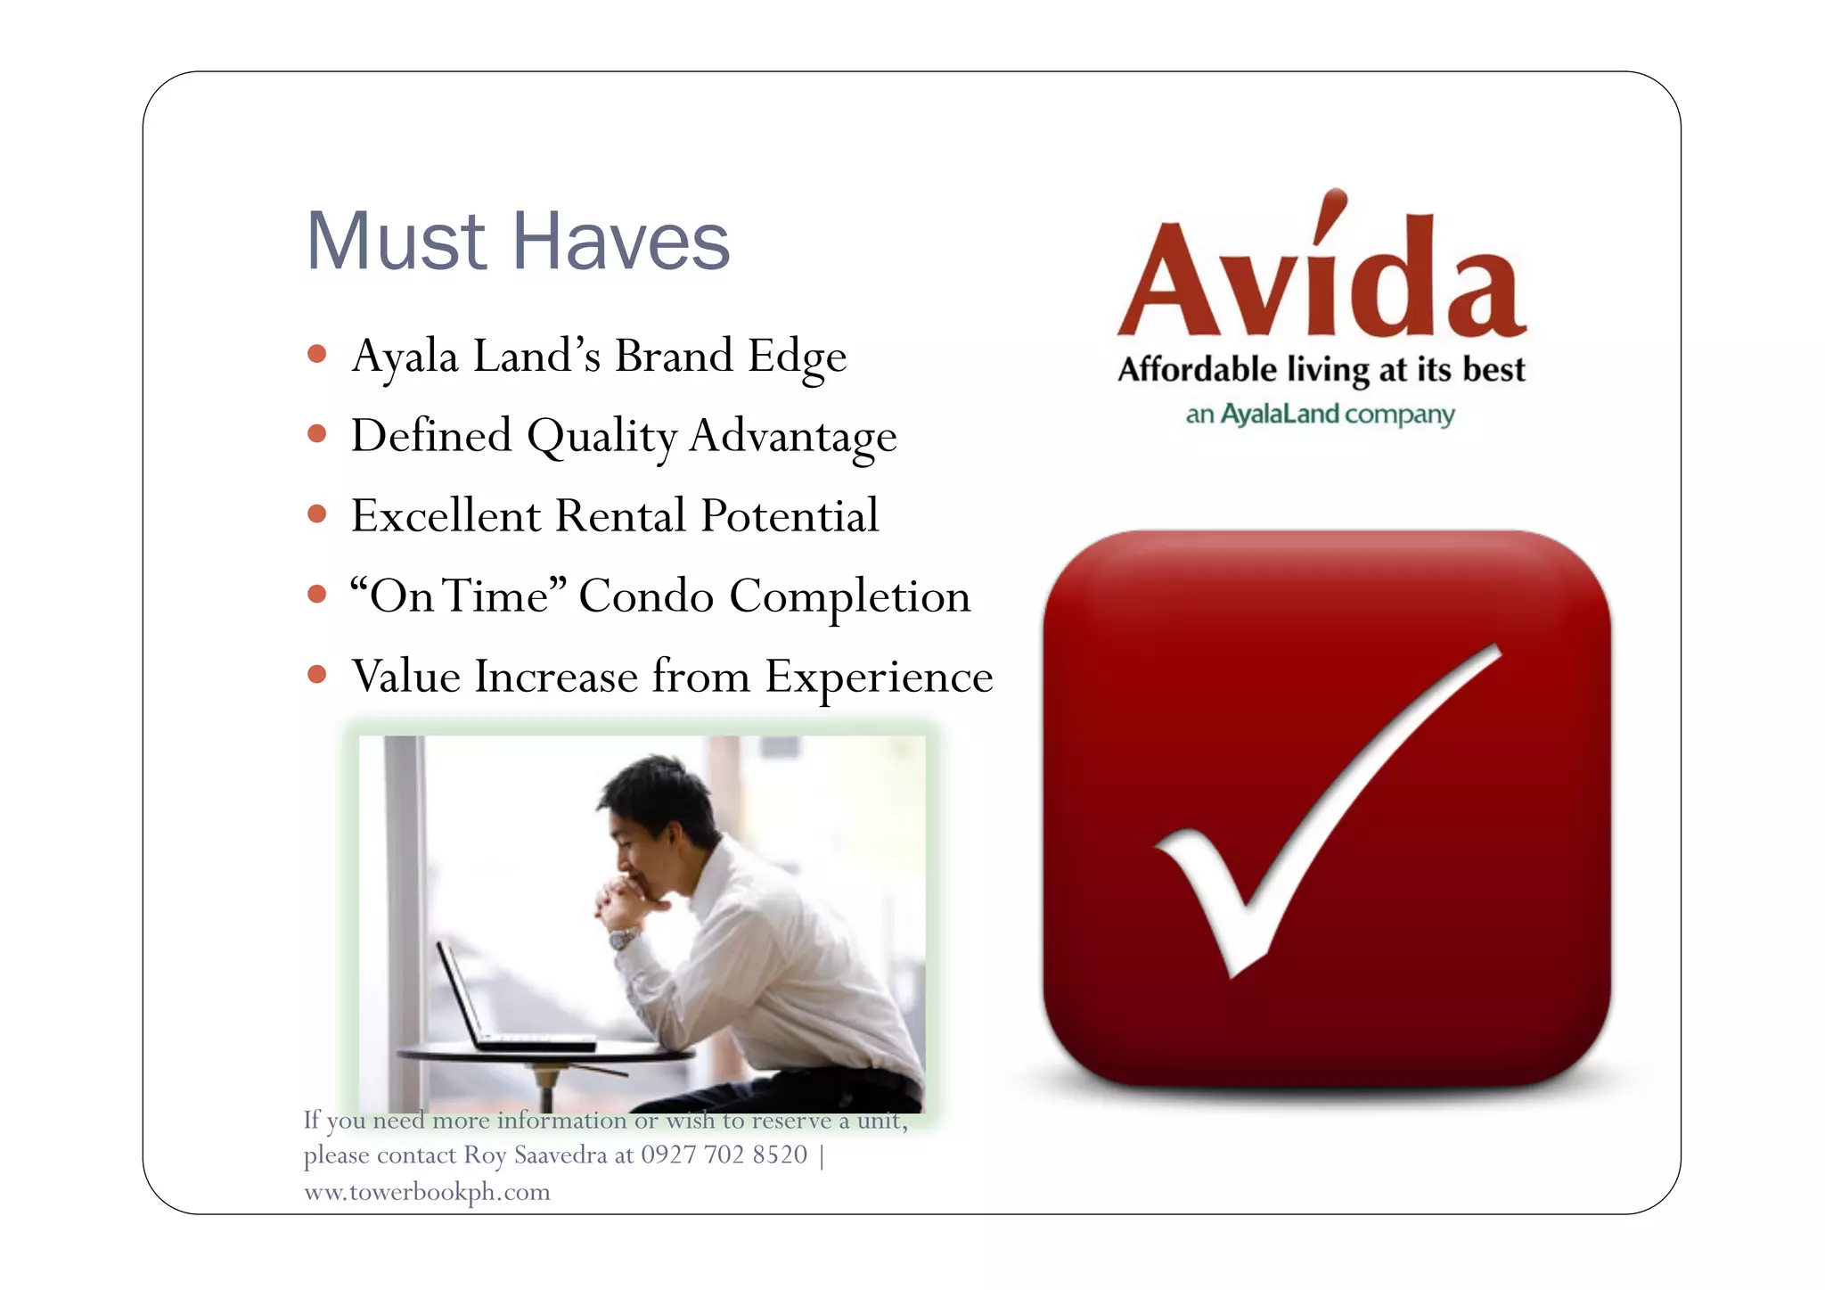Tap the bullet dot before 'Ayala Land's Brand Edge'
click(316, 354)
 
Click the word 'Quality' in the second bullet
click(602, 437)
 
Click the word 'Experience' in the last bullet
click(879, 678)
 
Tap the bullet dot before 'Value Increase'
click(316, 674)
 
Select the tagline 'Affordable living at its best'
click(1322, 369)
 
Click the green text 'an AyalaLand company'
click(1320, 415)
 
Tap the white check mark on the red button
click(1319, 820)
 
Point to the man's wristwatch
click(623, 938)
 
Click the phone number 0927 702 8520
click(724, 1155)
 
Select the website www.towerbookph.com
click(427, 1192)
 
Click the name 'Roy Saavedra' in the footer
click(535, 1155)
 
